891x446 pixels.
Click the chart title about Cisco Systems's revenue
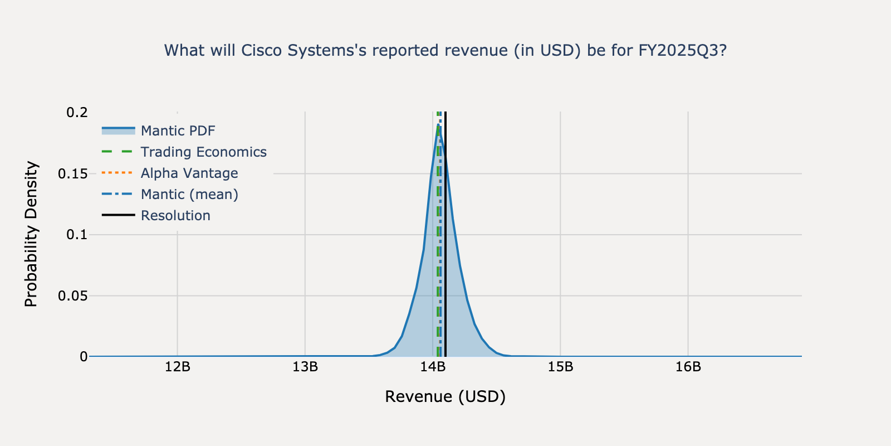pos(445,51)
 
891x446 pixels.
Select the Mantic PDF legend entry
pos(178,131)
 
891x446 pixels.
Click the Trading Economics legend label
pos(203,152)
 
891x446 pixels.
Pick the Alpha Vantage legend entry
pos(189,173)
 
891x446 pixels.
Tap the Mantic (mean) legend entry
pos(189,195)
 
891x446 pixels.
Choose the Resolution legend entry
pos(175,216)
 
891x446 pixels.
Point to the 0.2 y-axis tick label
pos(77,113)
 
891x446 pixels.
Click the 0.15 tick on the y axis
pos(73,174)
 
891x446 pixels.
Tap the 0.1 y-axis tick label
pos(77,235)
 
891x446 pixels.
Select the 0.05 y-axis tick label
pos(73,295)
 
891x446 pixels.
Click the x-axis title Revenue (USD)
pos(445,397)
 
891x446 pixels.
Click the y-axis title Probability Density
pos(32,234)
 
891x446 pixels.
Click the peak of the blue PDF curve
pos(439,127)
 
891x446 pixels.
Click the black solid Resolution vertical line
pos(445,251)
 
